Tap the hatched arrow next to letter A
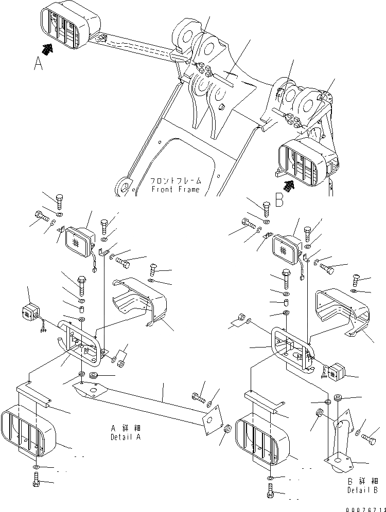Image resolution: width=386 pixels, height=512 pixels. coord(48,49)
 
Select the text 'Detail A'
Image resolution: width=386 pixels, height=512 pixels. coord(125,437)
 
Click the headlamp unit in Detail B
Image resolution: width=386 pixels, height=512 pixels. coord(286,248)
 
